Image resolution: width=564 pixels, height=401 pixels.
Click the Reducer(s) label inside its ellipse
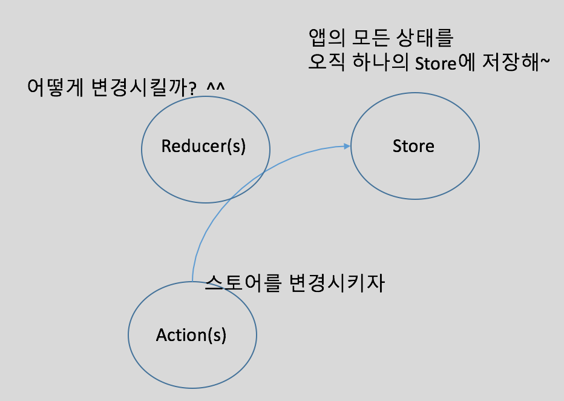tap(203, 147)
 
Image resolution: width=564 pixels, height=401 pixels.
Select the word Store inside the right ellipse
tap(413, 147)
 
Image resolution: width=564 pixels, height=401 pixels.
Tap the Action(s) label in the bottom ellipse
tap(191, 335)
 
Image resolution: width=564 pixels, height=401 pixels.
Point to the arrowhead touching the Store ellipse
tap(347, 146)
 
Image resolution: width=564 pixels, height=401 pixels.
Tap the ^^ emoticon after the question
tap(215, 87)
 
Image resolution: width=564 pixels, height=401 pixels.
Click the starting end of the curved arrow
tap(192, 281)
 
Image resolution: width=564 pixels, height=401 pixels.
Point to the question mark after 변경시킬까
tap(192, 88)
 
